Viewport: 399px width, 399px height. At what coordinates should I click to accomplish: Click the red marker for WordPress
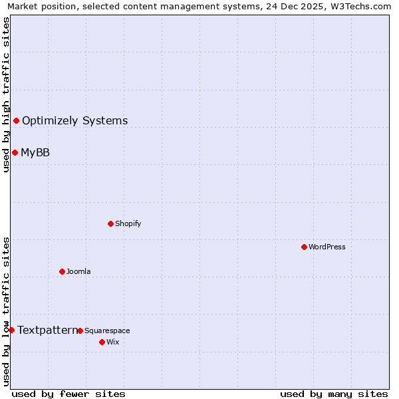[x=304, y=247]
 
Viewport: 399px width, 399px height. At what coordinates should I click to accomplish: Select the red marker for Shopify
[x=110, y=223]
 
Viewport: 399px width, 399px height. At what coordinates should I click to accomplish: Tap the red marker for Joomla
[x=62, y=271]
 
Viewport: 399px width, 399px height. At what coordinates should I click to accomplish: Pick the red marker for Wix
[x=102, y=342]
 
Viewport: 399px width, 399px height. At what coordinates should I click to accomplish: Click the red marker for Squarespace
[x=80, y=331]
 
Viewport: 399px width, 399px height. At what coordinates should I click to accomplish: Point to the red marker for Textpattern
[x=11, y=330]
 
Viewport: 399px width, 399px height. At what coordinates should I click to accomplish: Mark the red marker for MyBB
[x=15, y=152]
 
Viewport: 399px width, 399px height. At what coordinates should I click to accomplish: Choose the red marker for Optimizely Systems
[x=16, y=120]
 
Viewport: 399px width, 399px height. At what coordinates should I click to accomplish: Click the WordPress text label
[x=327, y=247]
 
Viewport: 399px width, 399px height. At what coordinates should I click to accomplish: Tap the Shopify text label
[x=128, y=223]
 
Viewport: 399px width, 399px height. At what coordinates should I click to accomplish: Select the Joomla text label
[x=78, y=271]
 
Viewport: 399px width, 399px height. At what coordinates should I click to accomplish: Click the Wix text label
[x=113, y=342]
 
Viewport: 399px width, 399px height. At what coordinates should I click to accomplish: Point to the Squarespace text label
[x=107, y=331]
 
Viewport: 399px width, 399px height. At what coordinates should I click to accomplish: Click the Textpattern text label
[x=47, y=330]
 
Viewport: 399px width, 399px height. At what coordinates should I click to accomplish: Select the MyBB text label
[x=35, y=152]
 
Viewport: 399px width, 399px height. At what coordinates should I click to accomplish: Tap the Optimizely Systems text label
[x=74, y=120]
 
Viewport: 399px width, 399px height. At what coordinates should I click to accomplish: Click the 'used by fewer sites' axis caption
[x=68, y=394]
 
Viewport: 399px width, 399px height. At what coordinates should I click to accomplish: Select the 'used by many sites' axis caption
[x=334, y=394]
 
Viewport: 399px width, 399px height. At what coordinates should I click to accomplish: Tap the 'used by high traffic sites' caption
[x=6, y=94]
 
